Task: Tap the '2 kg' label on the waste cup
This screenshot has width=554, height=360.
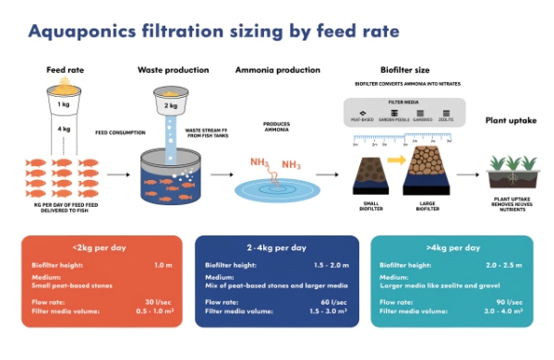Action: [x=171, y=106]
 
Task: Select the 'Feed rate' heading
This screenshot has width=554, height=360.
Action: [x=65, y=70]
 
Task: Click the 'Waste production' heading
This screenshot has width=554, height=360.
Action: [x=174, y=70]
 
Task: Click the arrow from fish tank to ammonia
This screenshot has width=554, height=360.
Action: [x=220, y=174]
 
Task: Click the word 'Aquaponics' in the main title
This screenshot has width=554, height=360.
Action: [x=84, y=32]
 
